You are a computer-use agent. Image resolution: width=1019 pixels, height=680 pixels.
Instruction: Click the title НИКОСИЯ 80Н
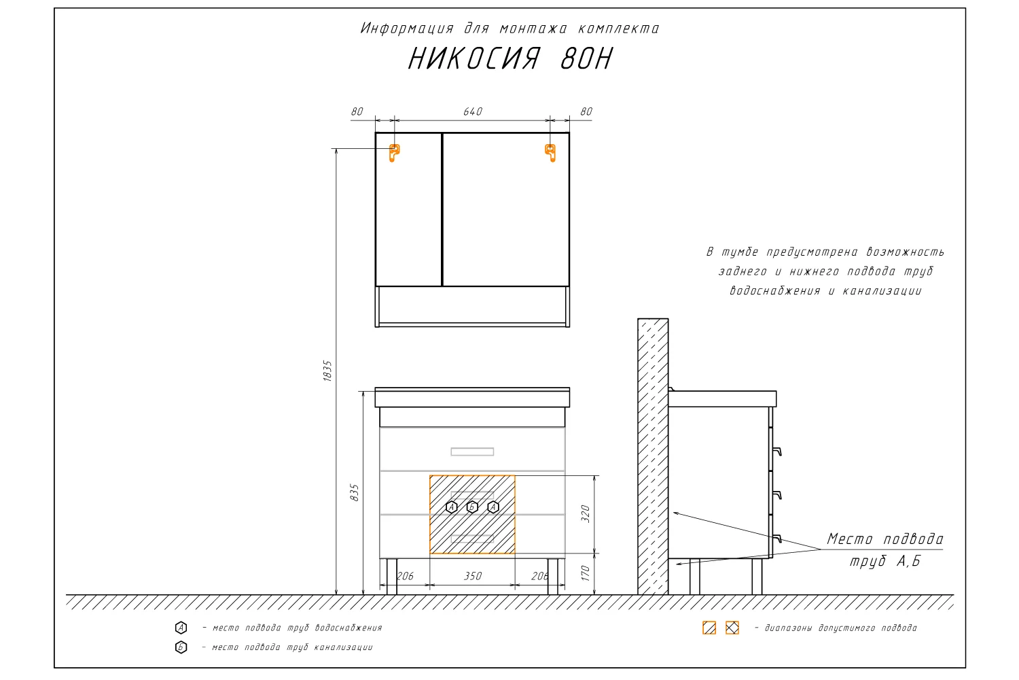[x=510, y=58]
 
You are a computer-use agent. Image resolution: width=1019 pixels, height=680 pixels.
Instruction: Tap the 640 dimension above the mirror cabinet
[x=473, y=112]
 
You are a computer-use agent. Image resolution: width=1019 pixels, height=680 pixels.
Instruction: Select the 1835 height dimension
[x=327, y=371]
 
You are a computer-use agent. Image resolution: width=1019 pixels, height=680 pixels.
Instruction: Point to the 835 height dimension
[x=355, y=493]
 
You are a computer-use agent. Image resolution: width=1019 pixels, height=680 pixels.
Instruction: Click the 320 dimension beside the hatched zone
[x=586, y=514]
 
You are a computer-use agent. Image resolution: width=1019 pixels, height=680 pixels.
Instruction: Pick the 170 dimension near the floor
[x=586, y=573]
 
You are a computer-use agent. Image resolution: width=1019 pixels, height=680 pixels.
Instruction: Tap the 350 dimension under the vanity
[x=473, y=576]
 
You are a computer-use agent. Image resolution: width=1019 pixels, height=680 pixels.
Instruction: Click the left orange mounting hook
[x=394, y=152]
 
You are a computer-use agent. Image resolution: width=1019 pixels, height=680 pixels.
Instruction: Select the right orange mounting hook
[x=550, y=152]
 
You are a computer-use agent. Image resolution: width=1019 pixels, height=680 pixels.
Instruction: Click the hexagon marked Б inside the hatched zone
[x=472, y=507]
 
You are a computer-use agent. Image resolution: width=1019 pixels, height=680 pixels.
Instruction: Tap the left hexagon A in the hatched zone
[x=451, y=507]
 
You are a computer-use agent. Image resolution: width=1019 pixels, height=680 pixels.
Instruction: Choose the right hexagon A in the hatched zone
[x=493, y=507]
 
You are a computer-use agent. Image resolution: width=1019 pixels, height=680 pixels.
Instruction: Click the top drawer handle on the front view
[x=472, y=452]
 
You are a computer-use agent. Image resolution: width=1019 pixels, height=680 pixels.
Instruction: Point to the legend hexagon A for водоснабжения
[x=181, y=628]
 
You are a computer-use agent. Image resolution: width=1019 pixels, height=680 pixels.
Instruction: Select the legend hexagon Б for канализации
[x=181, y=647]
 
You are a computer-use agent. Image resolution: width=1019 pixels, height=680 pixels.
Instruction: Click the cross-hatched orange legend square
[x=732, y=628]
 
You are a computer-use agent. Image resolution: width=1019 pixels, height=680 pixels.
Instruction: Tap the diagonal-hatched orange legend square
[x=709, y=628]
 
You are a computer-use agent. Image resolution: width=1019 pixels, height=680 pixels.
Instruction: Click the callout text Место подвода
[x=884, y=539]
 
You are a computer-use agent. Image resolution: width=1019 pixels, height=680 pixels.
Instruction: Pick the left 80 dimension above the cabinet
[x=357, y=112]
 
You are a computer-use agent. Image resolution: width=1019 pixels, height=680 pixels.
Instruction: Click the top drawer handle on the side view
[x=776, y=452]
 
